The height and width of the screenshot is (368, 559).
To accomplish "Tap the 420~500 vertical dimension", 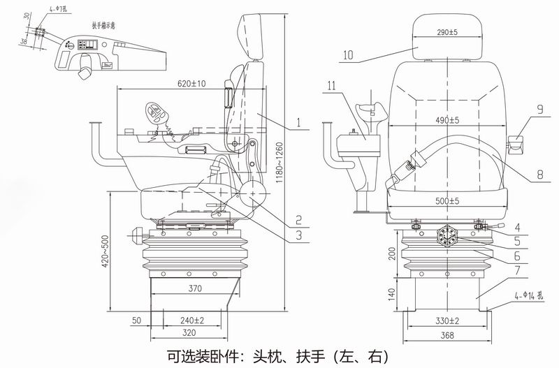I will click(106, 252).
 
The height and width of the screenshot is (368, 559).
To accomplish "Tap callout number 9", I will click(539, 108).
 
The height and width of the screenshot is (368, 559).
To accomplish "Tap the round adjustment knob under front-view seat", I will click(447, 237).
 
